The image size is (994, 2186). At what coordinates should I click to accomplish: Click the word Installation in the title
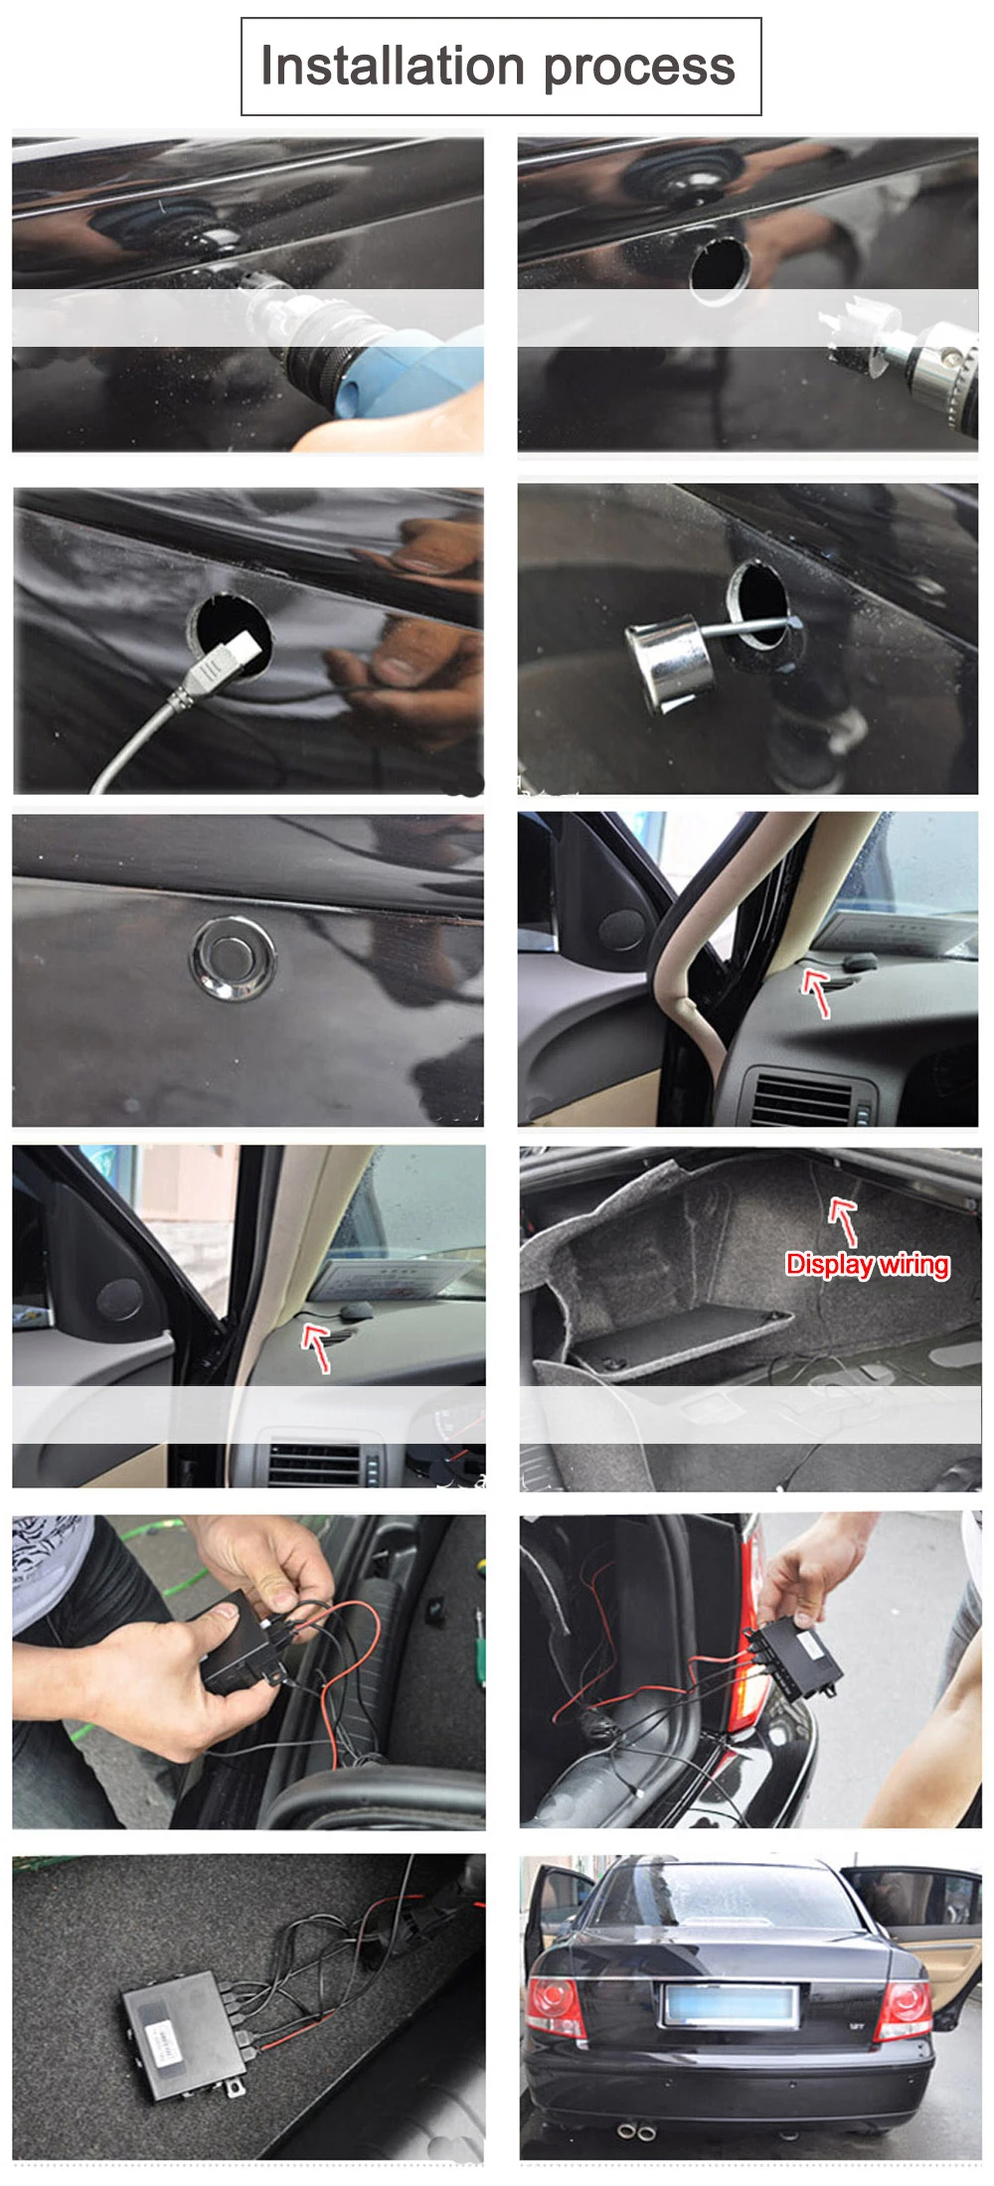(x=392, y=67)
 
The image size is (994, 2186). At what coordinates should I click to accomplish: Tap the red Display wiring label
(x=867, y=1264)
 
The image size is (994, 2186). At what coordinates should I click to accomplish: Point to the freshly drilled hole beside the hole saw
(x=719, y=264)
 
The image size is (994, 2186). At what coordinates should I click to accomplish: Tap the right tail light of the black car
(x=905, y=2010)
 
